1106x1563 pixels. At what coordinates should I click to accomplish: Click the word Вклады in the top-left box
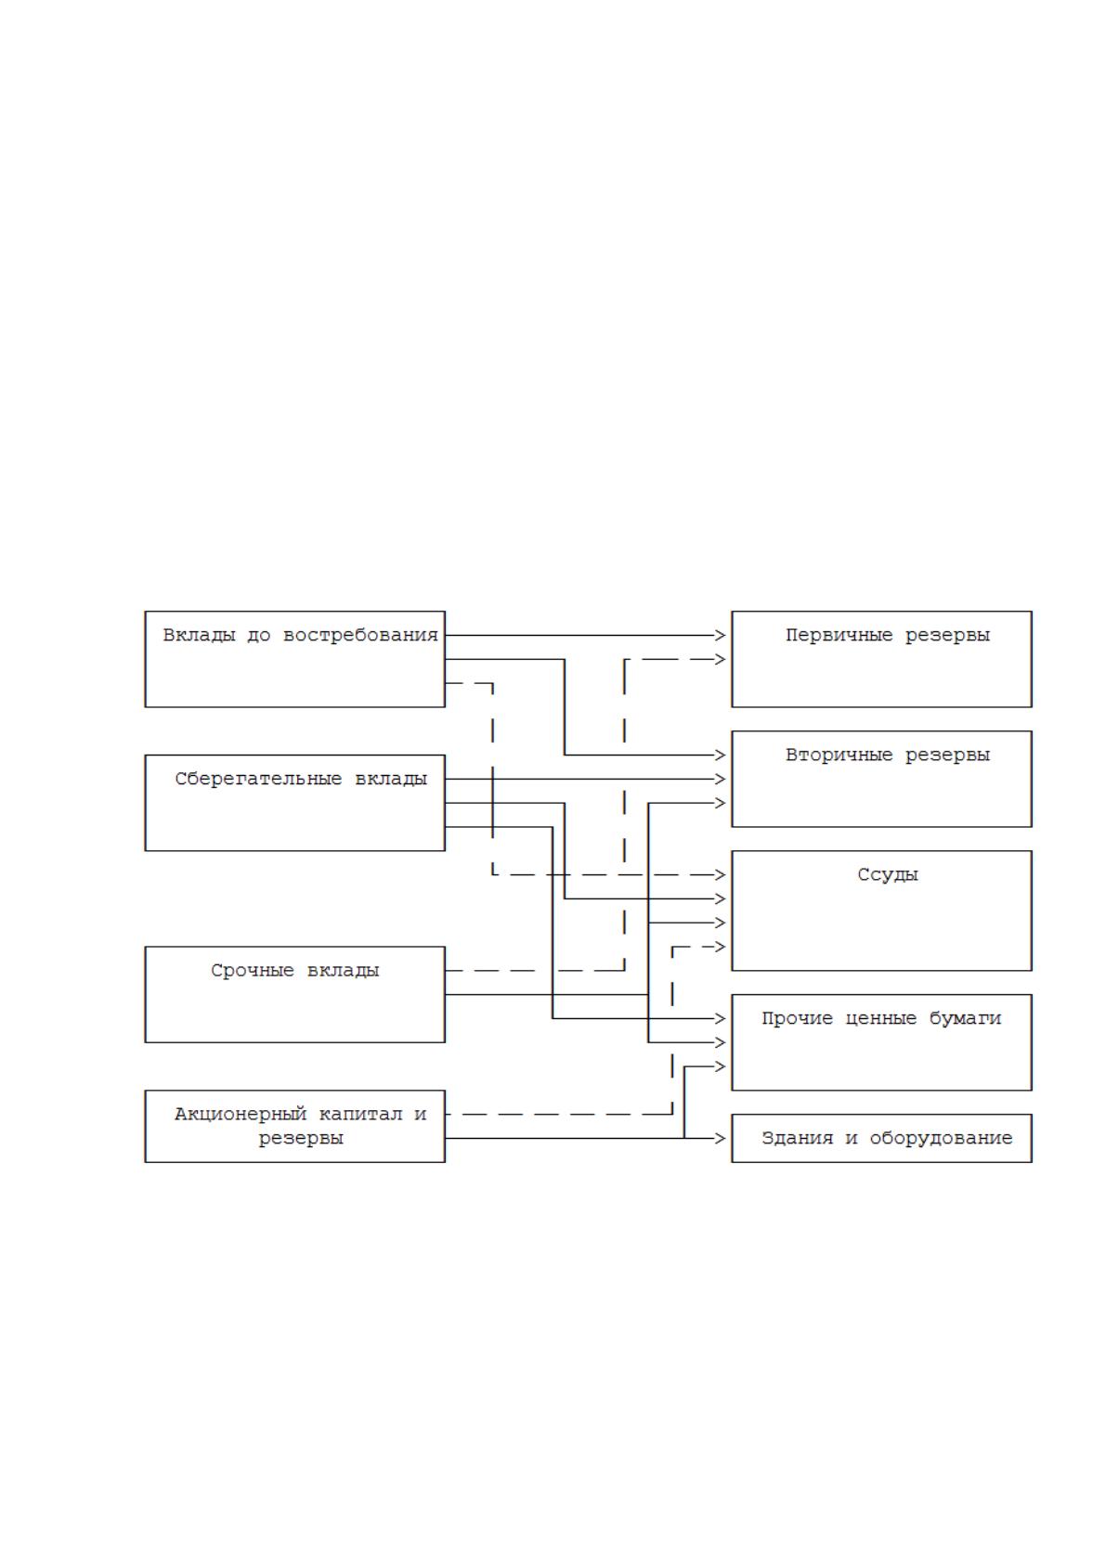click(199, 636)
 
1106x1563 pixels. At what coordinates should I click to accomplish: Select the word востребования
click(360, 636)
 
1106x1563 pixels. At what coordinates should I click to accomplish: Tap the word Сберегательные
click(258, 780)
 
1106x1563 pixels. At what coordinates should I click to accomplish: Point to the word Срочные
click(252, 971)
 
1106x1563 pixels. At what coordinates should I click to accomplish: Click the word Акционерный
click(241, 1115)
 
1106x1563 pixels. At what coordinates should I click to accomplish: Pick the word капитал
click(360, 1115)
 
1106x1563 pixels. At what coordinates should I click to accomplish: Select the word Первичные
click(839, 636)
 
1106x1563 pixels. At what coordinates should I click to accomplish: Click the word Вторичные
click(839, 755)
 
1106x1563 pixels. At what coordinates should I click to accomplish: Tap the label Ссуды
click(888, 875)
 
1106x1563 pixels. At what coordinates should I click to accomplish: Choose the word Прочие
click(797, 1019)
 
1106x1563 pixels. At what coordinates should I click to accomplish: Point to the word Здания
click(797, 1138)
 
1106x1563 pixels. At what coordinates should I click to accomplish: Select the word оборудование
click(941, 1138)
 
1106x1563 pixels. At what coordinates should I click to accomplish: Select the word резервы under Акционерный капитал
click(301, 1139)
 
